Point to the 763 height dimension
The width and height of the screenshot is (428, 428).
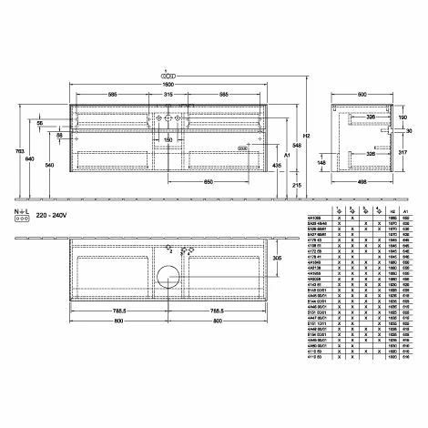20,149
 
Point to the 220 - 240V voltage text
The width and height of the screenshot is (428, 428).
57,219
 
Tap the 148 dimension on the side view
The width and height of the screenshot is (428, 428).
322,164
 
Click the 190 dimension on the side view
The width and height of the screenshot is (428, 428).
403,117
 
